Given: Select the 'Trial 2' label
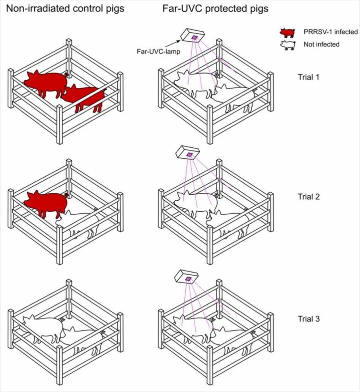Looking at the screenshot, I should (x=309, y=196).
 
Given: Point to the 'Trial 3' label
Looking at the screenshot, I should (x=309, y=319).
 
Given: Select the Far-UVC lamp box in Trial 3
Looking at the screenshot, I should (x=186, y=277).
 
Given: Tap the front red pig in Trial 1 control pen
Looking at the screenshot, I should (x=86, y=97).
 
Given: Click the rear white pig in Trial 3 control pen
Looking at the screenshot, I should (x=44, y=327).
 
